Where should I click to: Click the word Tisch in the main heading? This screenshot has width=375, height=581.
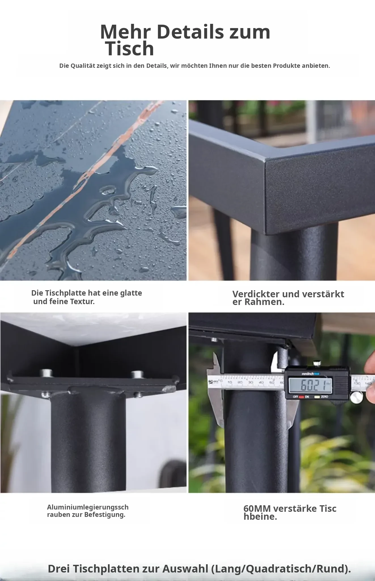coord(130,49)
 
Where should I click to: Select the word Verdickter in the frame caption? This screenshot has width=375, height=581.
coord(256,294)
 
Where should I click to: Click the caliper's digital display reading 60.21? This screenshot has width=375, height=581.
coord(310,385)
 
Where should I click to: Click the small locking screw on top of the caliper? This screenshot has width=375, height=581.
coord(316,363)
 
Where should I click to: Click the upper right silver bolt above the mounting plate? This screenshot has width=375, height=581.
coord(137,374)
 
